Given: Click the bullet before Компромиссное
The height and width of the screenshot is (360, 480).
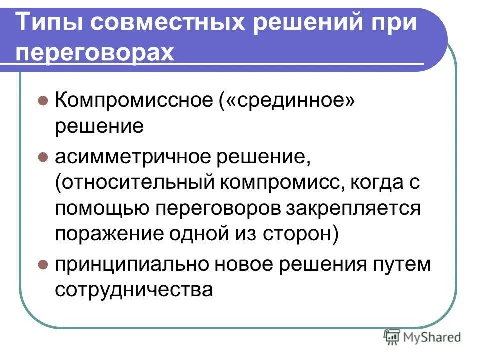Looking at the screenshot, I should point(43,100).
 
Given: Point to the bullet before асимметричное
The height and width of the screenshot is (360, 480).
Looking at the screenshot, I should point(43,158).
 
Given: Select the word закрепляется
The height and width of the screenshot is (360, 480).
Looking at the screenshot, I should point(353,208).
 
